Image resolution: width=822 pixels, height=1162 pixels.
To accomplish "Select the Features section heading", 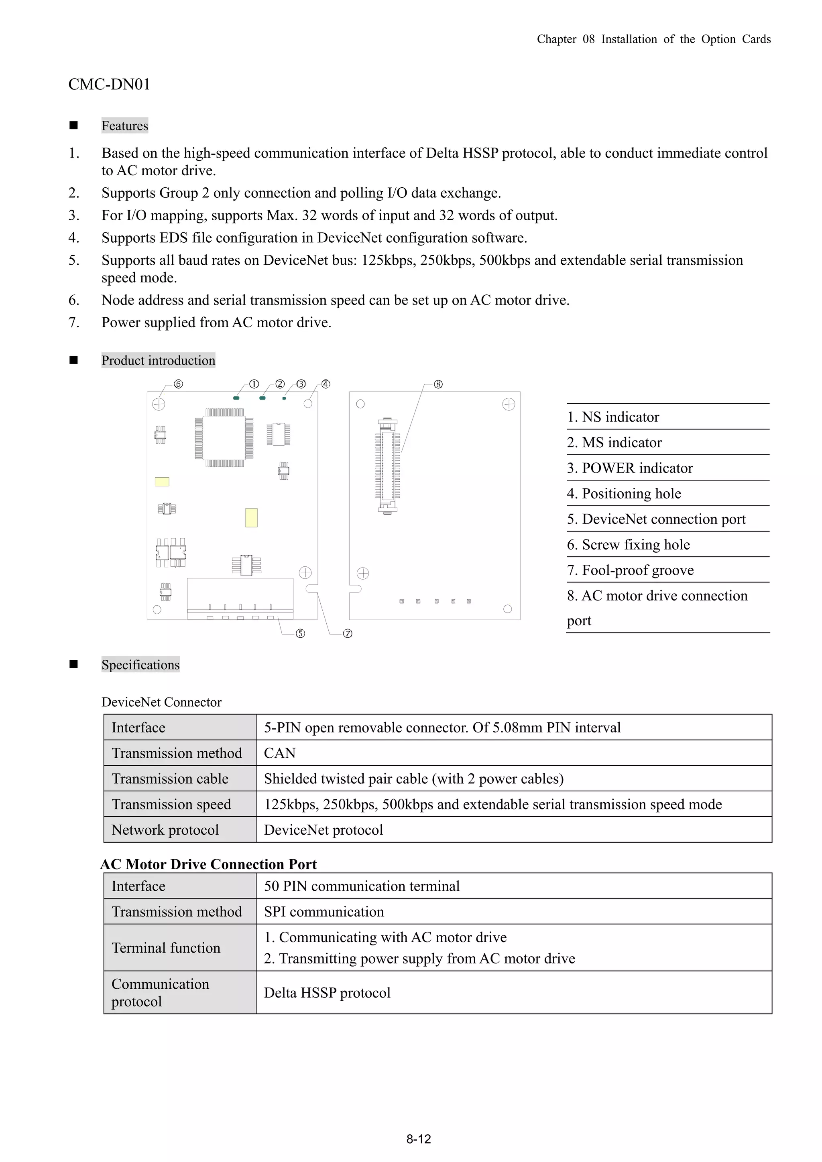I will pos(124,126).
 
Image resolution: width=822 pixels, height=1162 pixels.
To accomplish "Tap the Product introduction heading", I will pos(158,360).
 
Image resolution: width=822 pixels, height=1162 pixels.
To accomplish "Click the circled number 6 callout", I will pos(178,384).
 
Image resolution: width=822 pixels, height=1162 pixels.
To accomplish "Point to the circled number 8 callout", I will pos(439,384).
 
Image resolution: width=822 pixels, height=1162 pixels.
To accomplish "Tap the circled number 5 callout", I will pos(300,634).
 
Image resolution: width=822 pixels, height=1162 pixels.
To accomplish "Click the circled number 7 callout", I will pos(348,634).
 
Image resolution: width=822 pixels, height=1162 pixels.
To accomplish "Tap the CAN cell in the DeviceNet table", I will pos(280,753).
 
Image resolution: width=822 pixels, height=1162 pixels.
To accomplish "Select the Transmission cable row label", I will pos(170,779).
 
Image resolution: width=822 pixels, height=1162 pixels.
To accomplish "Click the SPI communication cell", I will pos(324,912).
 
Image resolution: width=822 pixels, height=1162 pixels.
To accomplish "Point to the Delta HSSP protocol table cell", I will pos(327,993).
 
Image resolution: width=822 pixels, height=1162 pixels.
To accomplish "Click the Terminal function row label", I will pos(166,948).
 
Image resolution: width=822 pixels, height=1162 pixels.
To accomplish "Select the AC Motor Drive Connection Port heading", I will pos(209,864).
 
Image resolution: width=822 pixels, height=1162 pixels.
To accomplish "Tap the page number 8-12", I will pos(418,1140).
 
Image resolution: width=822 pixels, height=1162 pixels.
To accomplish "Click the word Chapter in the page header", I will pos(557,39).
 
